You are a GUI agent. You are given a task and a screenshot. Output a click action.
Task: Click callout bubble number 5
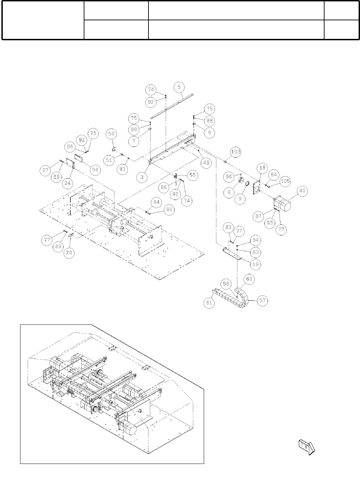tap(179, 87)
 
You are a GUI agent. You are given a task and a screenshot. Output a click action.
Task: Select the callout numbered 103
tap(236, 152)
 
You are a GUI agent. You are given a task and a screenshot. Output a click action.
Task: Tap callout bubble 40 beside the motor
tap(302, 191)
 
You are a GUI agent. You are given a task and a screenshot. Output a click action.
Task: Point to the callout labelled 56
tap(94, 169)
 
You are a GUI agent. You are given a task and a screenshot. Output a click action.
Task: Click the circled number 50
tap(111, 134)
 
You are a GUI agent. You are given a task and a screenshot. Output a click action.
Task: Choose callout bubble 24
tap(68, 183)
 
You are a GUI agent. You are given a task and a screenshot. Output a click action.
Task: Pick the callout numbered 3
tap(142, 177)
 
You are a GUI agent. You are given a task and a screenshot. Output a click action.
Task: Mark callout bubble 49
tap(206, 163)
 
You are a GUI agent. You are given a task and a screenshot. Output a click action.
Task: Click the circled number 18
tap(263, 168)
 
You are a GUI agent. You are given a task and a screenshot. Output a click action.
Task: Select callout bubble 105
tap(285, 181)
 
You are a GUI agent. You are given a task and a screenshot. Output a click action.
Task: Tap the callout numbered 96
tap(228, 177)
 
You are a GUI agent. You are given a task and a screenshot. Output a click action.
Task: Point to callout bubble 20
tap(70, 253)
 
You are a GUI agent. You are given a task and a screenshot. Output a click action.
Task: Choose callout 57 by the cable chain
tap(263, 300)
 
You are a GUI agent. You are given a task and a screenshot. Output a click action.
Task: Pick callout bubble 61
tap(209, 303)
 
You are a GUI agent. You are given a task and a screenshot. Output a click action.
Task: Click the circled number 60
tap(249, 279)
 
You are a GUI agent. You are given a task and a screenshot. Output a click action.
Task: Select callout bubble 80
tap(168, 210)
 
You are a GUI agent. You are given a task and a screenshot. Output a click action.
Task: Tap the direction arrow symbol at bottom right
tap(307, 447)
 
